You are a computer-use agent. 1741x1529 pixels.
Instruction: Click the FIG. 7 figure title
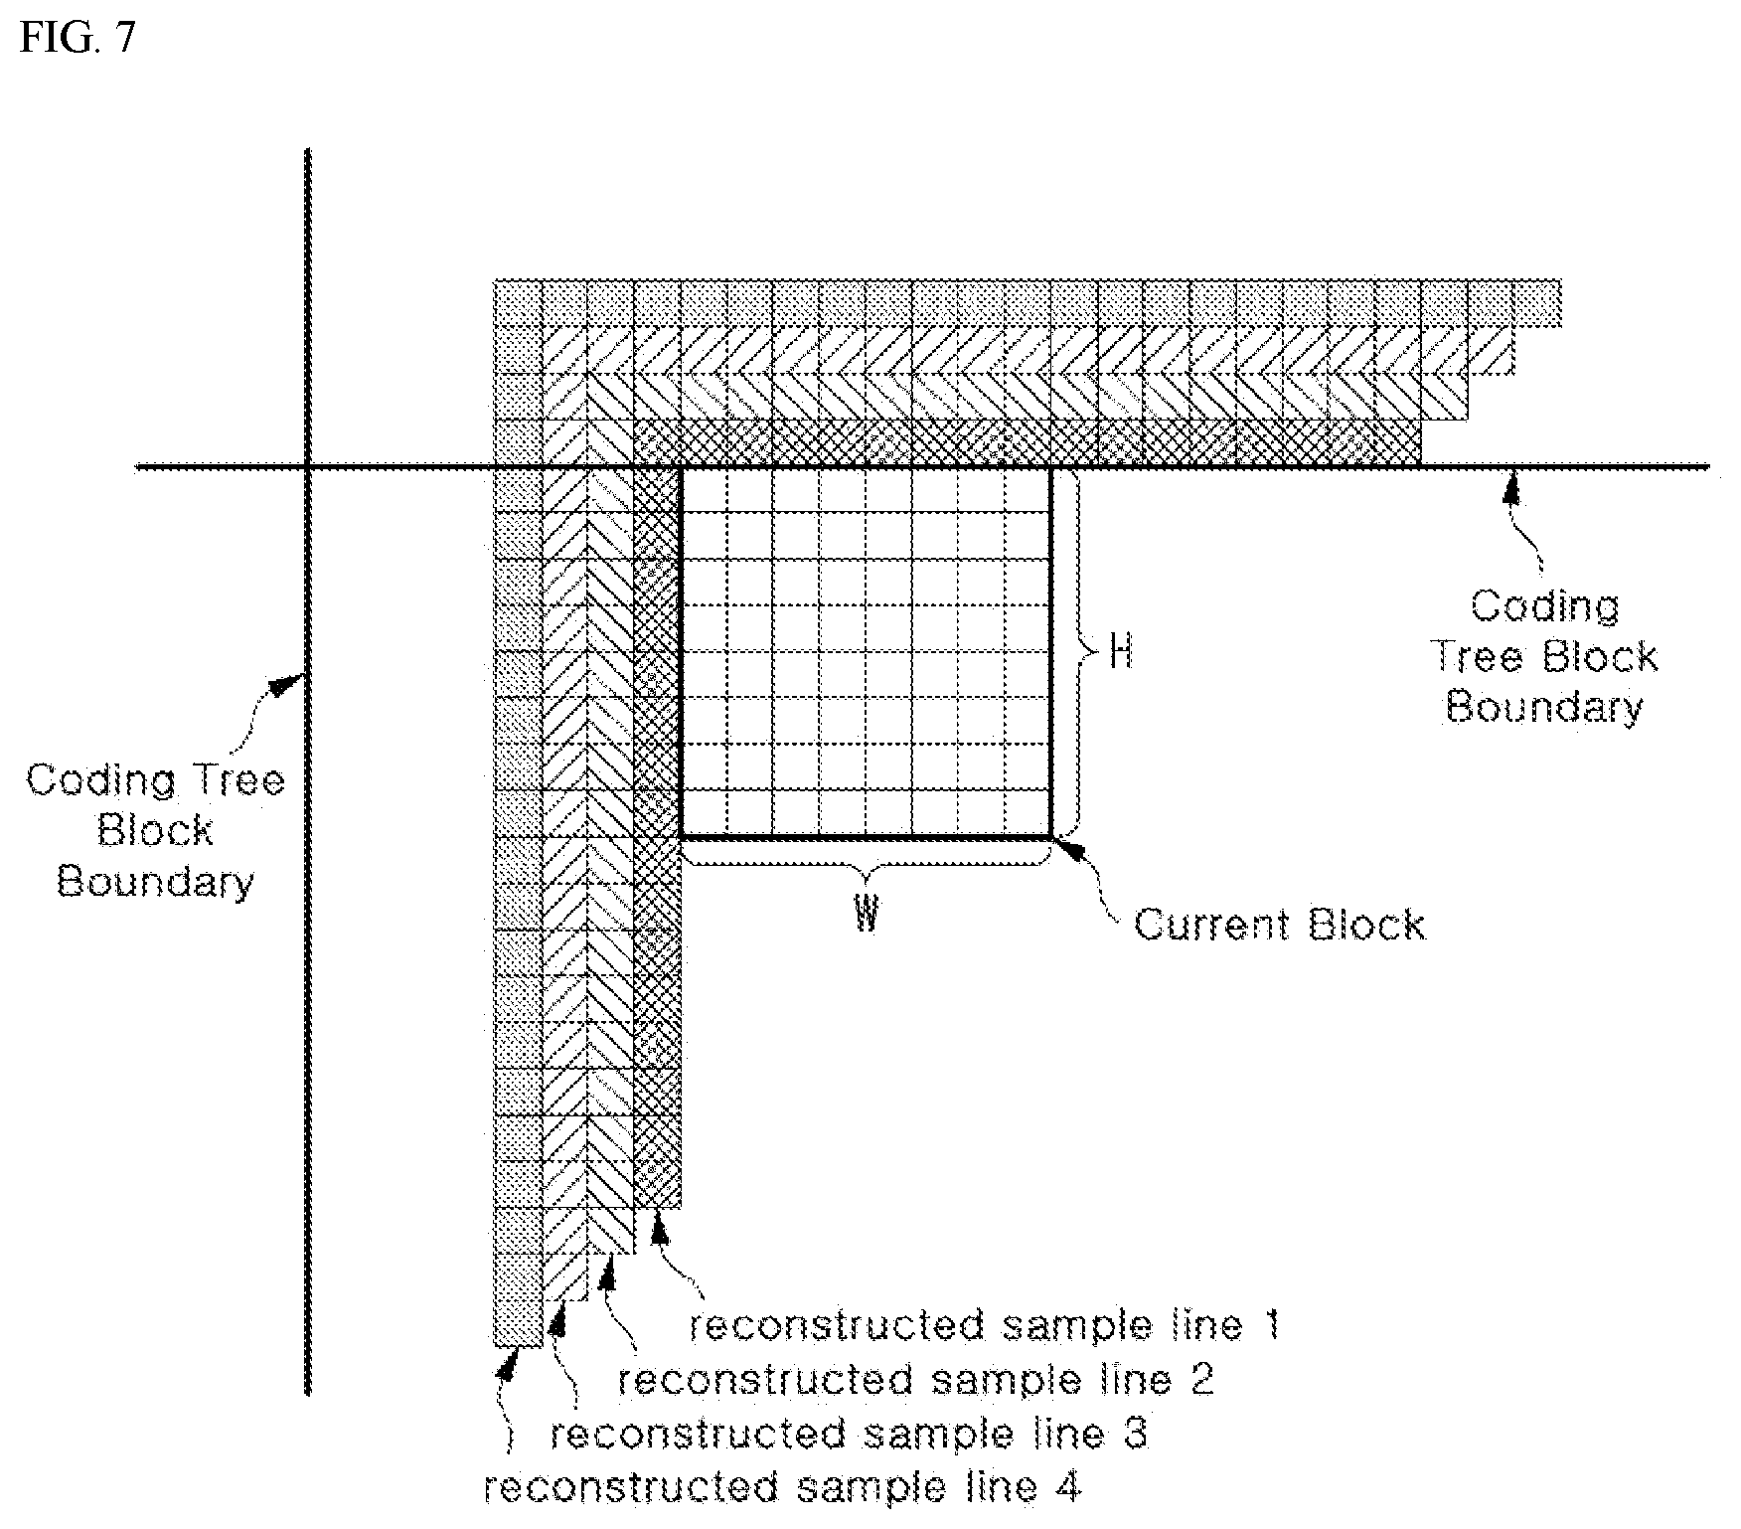[x=77, y=37]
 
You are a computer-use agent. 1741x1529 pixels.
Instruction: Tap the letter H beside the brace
[x=1120, y=654]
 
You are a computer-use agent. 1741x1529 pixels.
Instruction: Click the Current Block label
[x=1279, y=925]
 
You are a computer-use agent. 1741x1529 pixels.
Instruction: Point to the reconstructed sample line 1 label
[x=984, y=1325]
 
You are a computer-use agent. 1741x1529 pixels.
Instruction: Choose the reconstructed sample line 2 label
[x=916, y=1379]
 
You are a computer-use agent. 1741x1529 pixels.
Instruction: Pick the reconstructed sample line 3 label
[x=849, y=1434]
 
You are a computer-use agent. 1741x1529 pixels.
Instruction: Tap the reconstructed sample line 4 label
[x=782, y=1488]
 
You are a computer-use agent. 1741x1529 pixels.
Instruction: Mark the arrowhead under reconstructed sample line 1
[x=658, y=1232]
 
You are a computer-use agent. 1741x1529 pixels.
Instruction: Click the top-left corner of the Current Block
[x=682, y=467]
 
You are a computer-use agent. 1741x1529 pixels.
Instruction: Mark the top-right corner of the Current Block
[x=1051, y=467]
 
